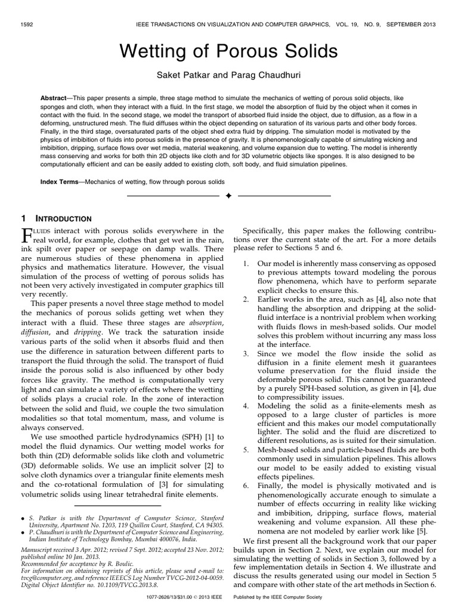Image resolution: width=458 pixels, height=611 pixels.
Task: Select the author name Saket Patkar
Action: pyautogui.click(x=178, y=75)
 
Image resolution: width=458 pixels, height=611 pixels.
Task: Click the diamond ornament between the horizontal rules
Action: pyautogui.click(x=228, y=196)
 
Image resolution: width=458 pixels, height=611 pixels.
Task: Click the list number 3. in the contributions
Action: pyautogui.click(x=246, y=354)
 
